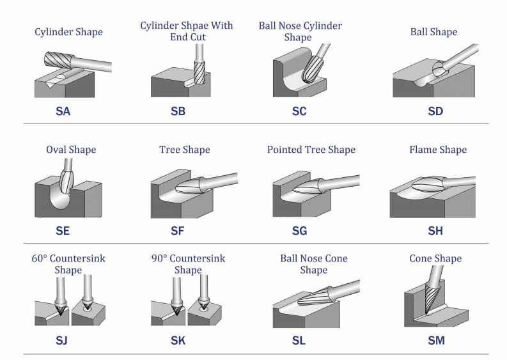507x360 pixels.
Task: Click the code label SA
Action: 63,112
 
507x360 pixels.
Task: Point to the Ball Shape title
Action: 434,31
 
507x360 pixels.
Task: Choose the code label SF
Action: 178,230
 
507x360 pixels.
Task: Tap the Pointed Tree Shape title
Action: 311,150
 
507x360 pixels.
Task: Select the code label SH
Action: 435,230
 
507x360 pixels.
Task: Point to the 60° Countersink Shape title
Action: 68,264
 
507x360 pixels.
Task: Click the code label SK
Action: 178,340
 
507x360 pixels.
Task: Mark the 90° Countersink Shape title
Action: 187,264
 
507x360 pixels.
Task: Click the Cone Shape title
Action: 435,259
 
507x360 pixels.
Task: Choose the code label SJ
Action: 61,340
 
